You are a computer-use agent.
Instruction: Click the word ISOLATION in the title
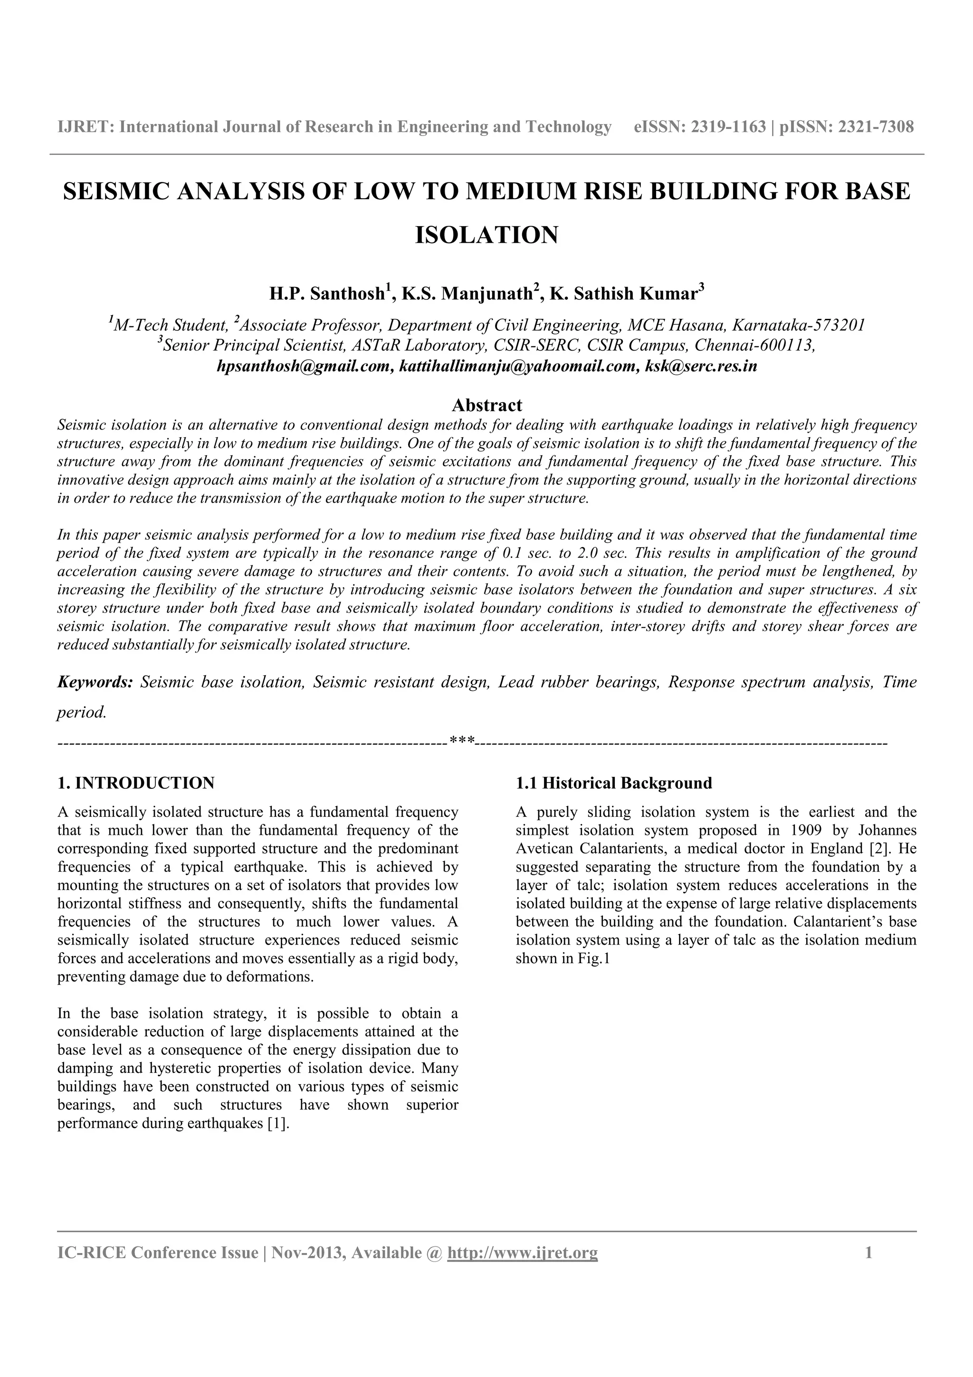[x=486, y=235]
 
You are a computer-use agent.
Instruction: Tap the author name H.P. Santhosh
[x=326, y=294]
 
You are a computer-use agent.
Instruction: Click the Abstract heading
[x=486, y=405]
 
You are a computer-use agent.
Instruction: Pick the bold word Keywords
[x=95, y=682]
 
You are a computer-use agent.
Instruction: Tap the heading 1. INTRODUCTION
[x=135, y=783]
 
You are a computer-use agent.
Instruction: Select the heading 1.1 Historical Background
[x=613, y=783]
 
